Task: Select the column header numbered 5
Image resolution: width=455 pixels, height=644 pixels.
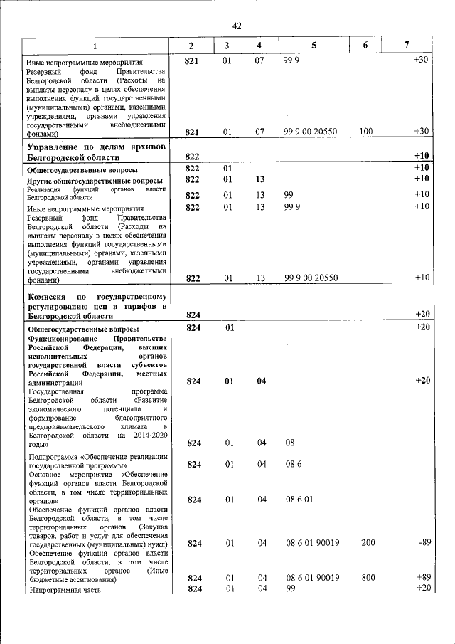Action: tap(314, 46)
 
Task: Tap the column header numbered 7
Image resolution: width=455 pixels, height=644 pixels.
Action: tap(406, 46)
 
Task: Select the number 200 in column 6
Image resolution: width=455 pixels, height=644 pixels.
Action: tap(368, 544)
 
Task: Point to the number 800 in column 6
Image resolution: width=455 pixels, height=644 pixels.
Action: tap(368, 578)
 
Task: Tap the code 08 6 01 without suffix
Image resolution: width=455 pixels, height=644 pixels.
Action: tap(299, 500)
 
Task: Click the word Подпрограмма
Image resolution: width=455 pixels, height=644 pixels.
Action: tap(53, 457)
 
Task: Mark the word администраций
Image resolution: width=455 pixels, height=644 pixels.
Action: tap(54, 382)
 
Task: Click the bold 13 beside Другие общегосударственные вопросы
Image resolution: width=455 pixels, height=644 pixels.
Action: tap(259, 179)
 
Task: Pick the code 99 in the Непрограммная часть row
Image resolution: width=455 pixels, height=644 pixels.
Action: tap(289, 588)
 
